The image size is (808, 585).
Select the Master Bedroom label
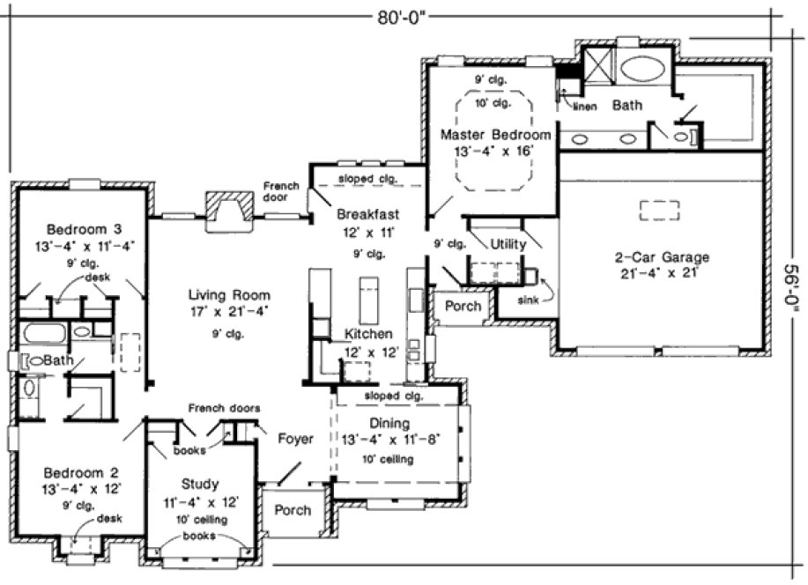pos(496,135)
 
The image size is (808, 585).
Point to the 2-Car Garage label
pos(662,257)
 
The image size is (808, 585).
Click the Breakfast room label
pos(368,214)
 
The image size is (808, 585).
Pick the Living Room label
pos(229,295)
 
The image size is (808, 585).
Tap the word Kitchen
pos(369,335)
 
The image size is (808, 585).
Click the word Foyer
pos(295,438)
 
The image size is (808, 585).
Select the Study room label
pos(200,484)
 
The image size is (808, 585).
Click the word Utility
pos(508,244)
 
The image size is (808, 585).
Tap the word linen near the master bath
pos(586,107)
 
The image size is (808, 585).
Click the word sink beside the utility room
pos(530,300)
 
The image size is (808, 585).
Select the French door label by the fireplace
pos(281,191)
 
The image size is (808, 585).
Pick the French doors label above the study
pos(224,409)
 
